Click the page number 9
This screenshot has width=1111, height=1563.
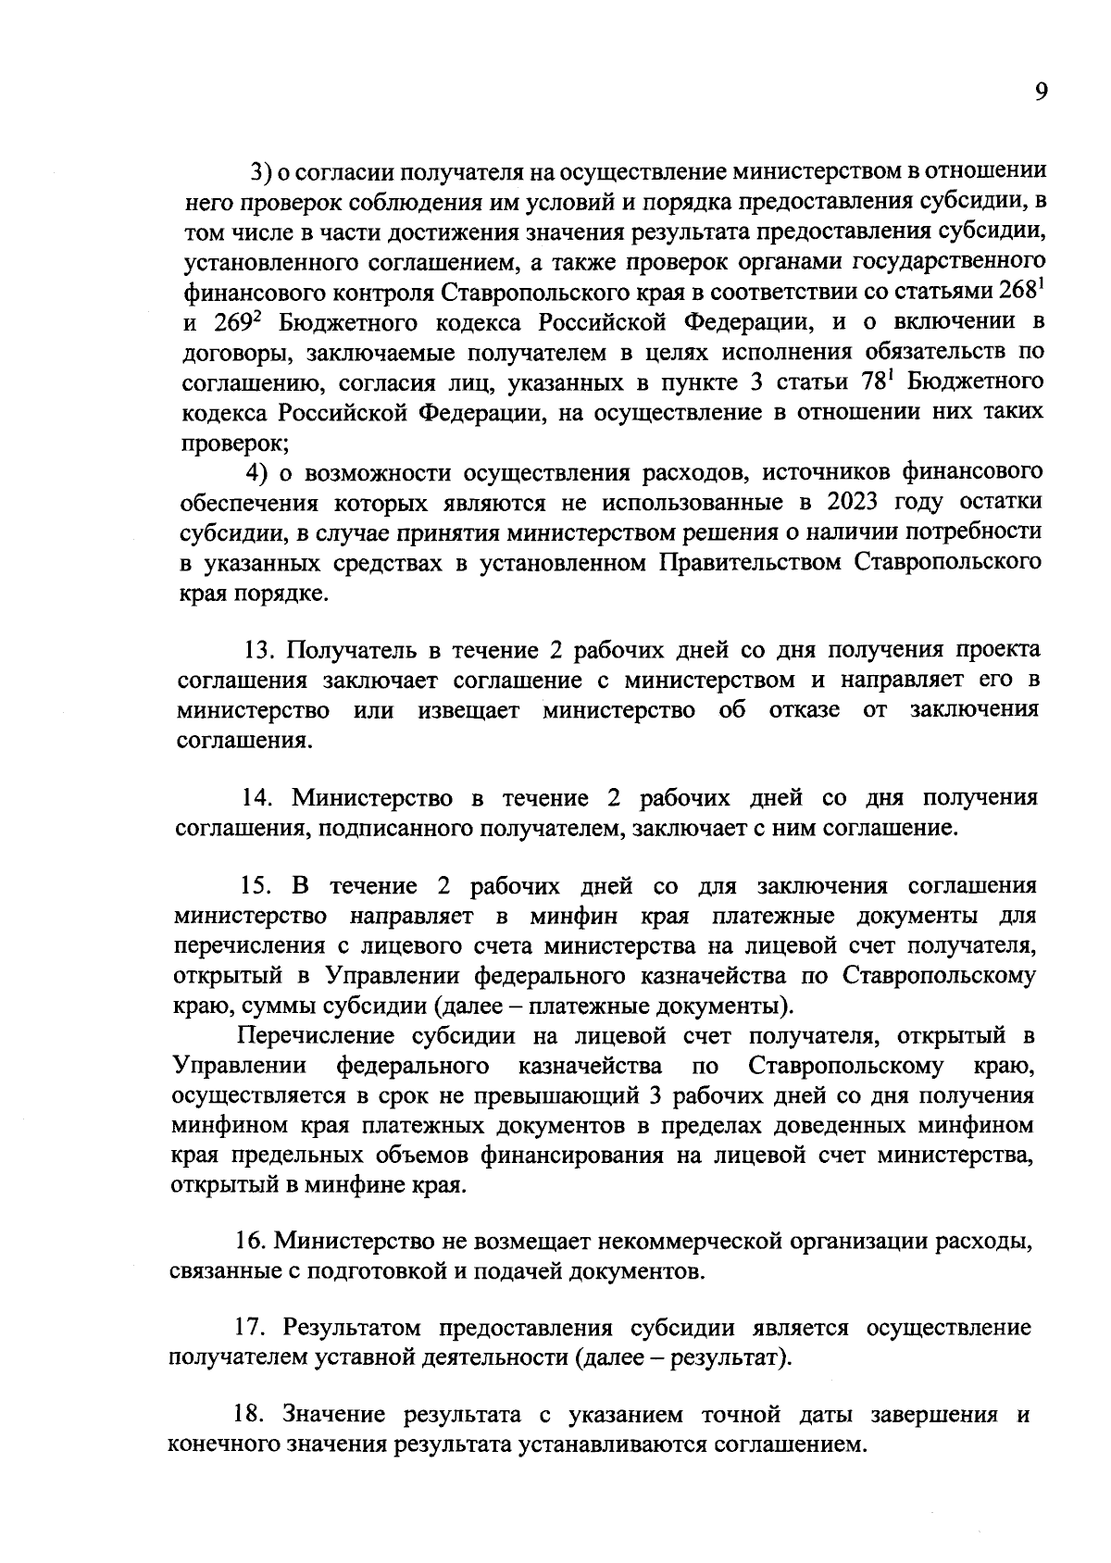click(1042, 93)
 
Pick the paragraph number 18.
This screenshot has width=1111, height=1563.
click(248, 1417)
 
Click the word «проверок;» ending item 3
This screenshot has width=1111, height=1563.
click(234, 443)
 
